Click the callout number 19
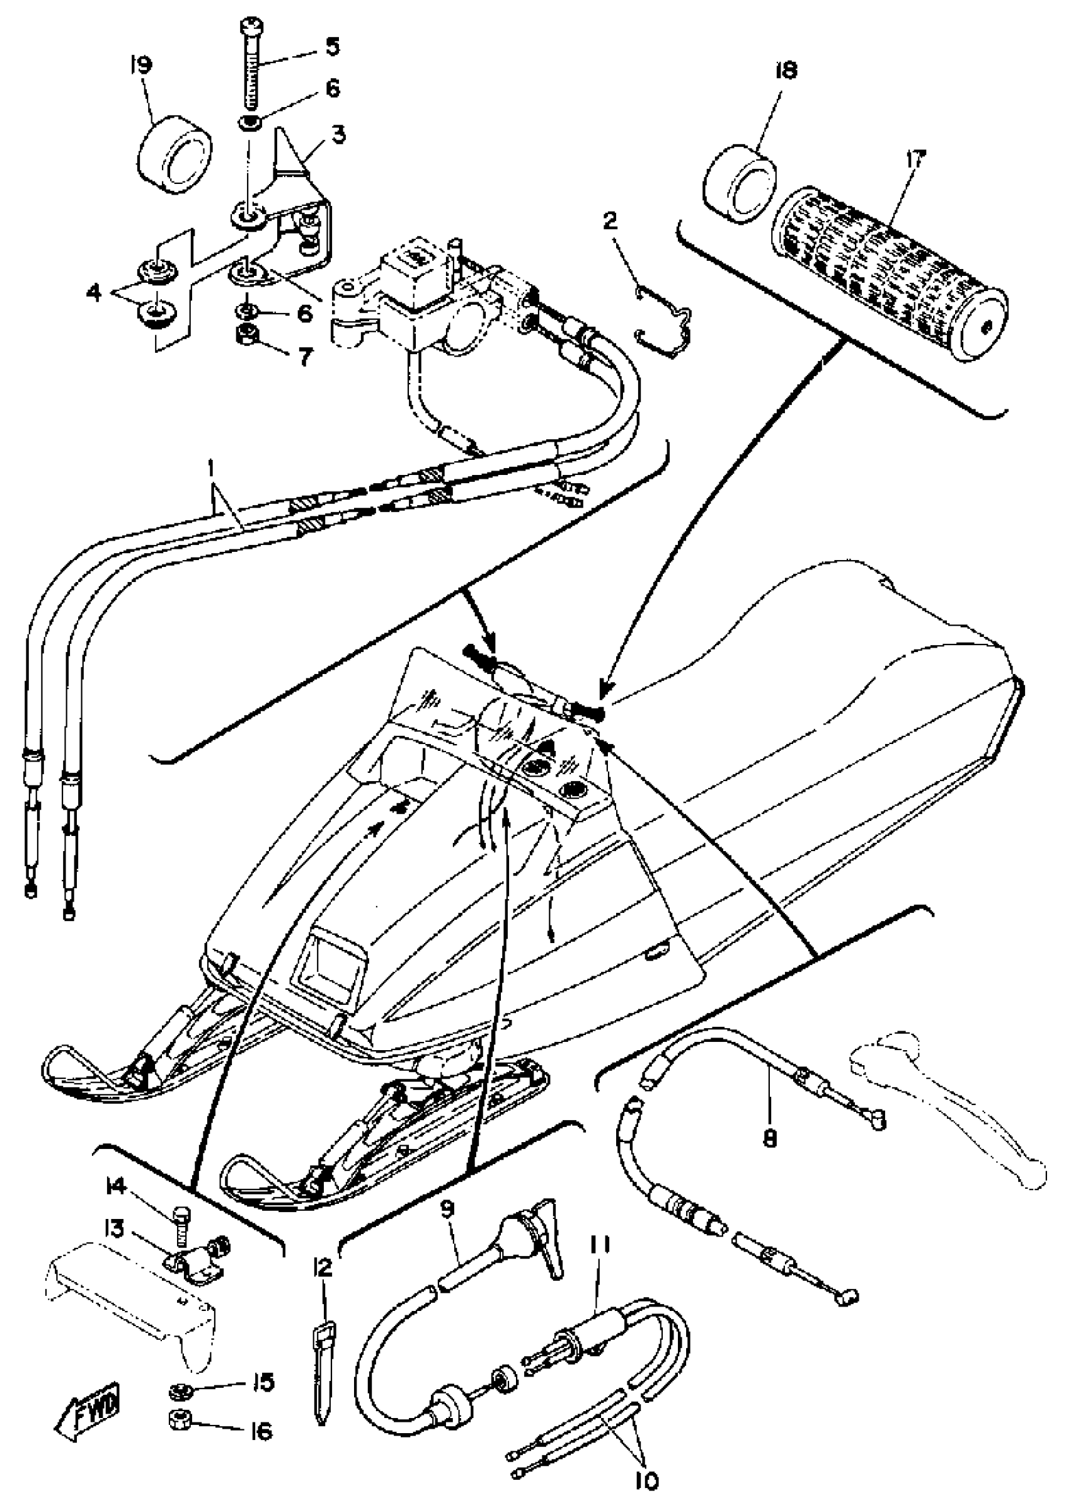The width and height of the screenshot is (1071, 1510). click(x=142, y=66)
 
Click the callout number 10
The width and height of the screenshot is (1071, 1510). click(x=648, y=1482)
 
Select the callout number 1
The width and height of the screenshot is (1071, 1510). click(x=212, y=471)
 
